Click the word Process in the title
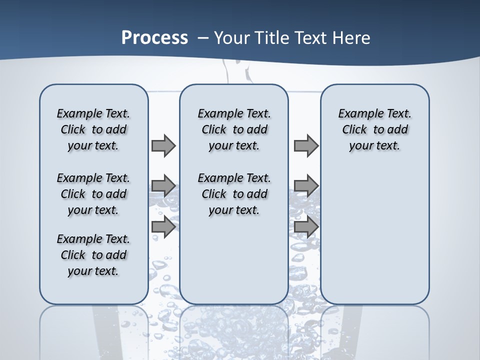(154, 38)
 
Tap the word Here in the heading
(352, 38)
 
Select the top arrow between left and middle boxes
(163, 145)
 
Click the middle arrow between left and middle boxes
(163, 186)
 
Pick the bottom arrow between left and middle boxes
(163, 226)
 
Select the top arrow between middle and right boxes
(306, 145)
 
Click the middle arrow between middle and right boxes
(306, 186)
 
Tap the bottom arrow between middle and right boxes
(306, 226)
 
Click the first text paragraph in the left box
(93, 129)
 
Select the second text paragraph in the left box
(93, 194)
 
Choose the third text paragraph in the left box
(93, 255)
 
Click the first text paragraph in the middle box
(234, 129)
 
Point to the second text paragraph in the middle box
(234, 194)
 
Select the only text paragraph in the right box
(374, 129)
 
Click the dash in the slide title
(203, 38)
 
